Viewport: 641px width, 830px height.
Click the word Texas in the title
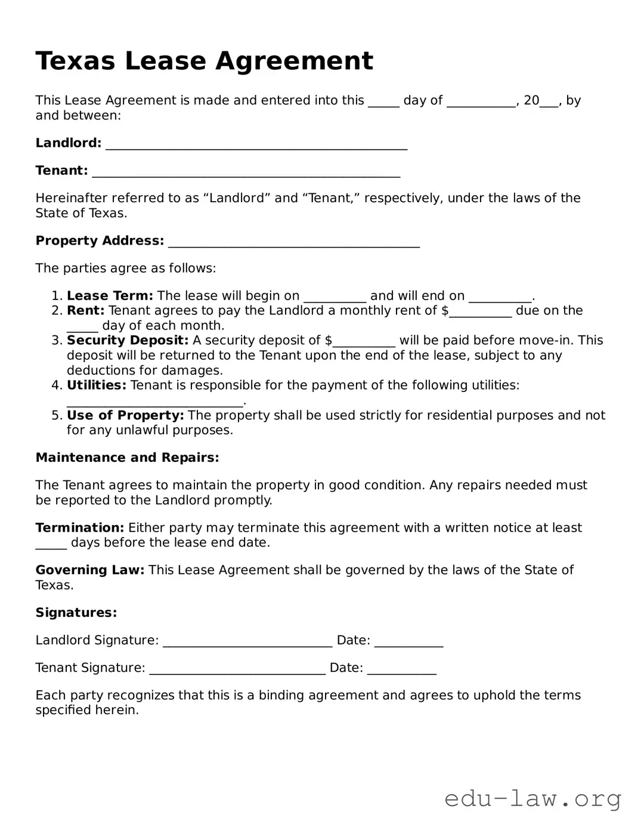click(x=75, y=61)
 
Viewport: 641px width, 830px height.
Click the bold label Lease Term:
click(x=110, y=296)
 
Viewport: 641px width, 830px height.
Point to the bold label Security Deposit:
click(x=128, y=341)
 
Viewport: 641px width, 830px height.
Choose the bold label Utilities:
click(x=97, y=385)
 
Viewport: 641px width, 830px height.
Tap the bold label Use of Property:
click(x=125, y=415)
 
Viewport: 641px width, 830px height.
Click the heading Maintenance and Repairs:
click(x=127, y=458)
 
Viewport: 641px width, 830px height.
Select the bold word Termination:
click(x=79, y=527)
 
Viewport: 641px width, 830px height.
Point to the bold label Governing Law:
click(x=90, y=570)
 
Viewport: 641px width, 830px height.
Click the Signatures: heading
click(x=76, y=612)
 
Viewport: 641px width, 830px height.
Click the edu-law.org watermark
click(x=532, y=798)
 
